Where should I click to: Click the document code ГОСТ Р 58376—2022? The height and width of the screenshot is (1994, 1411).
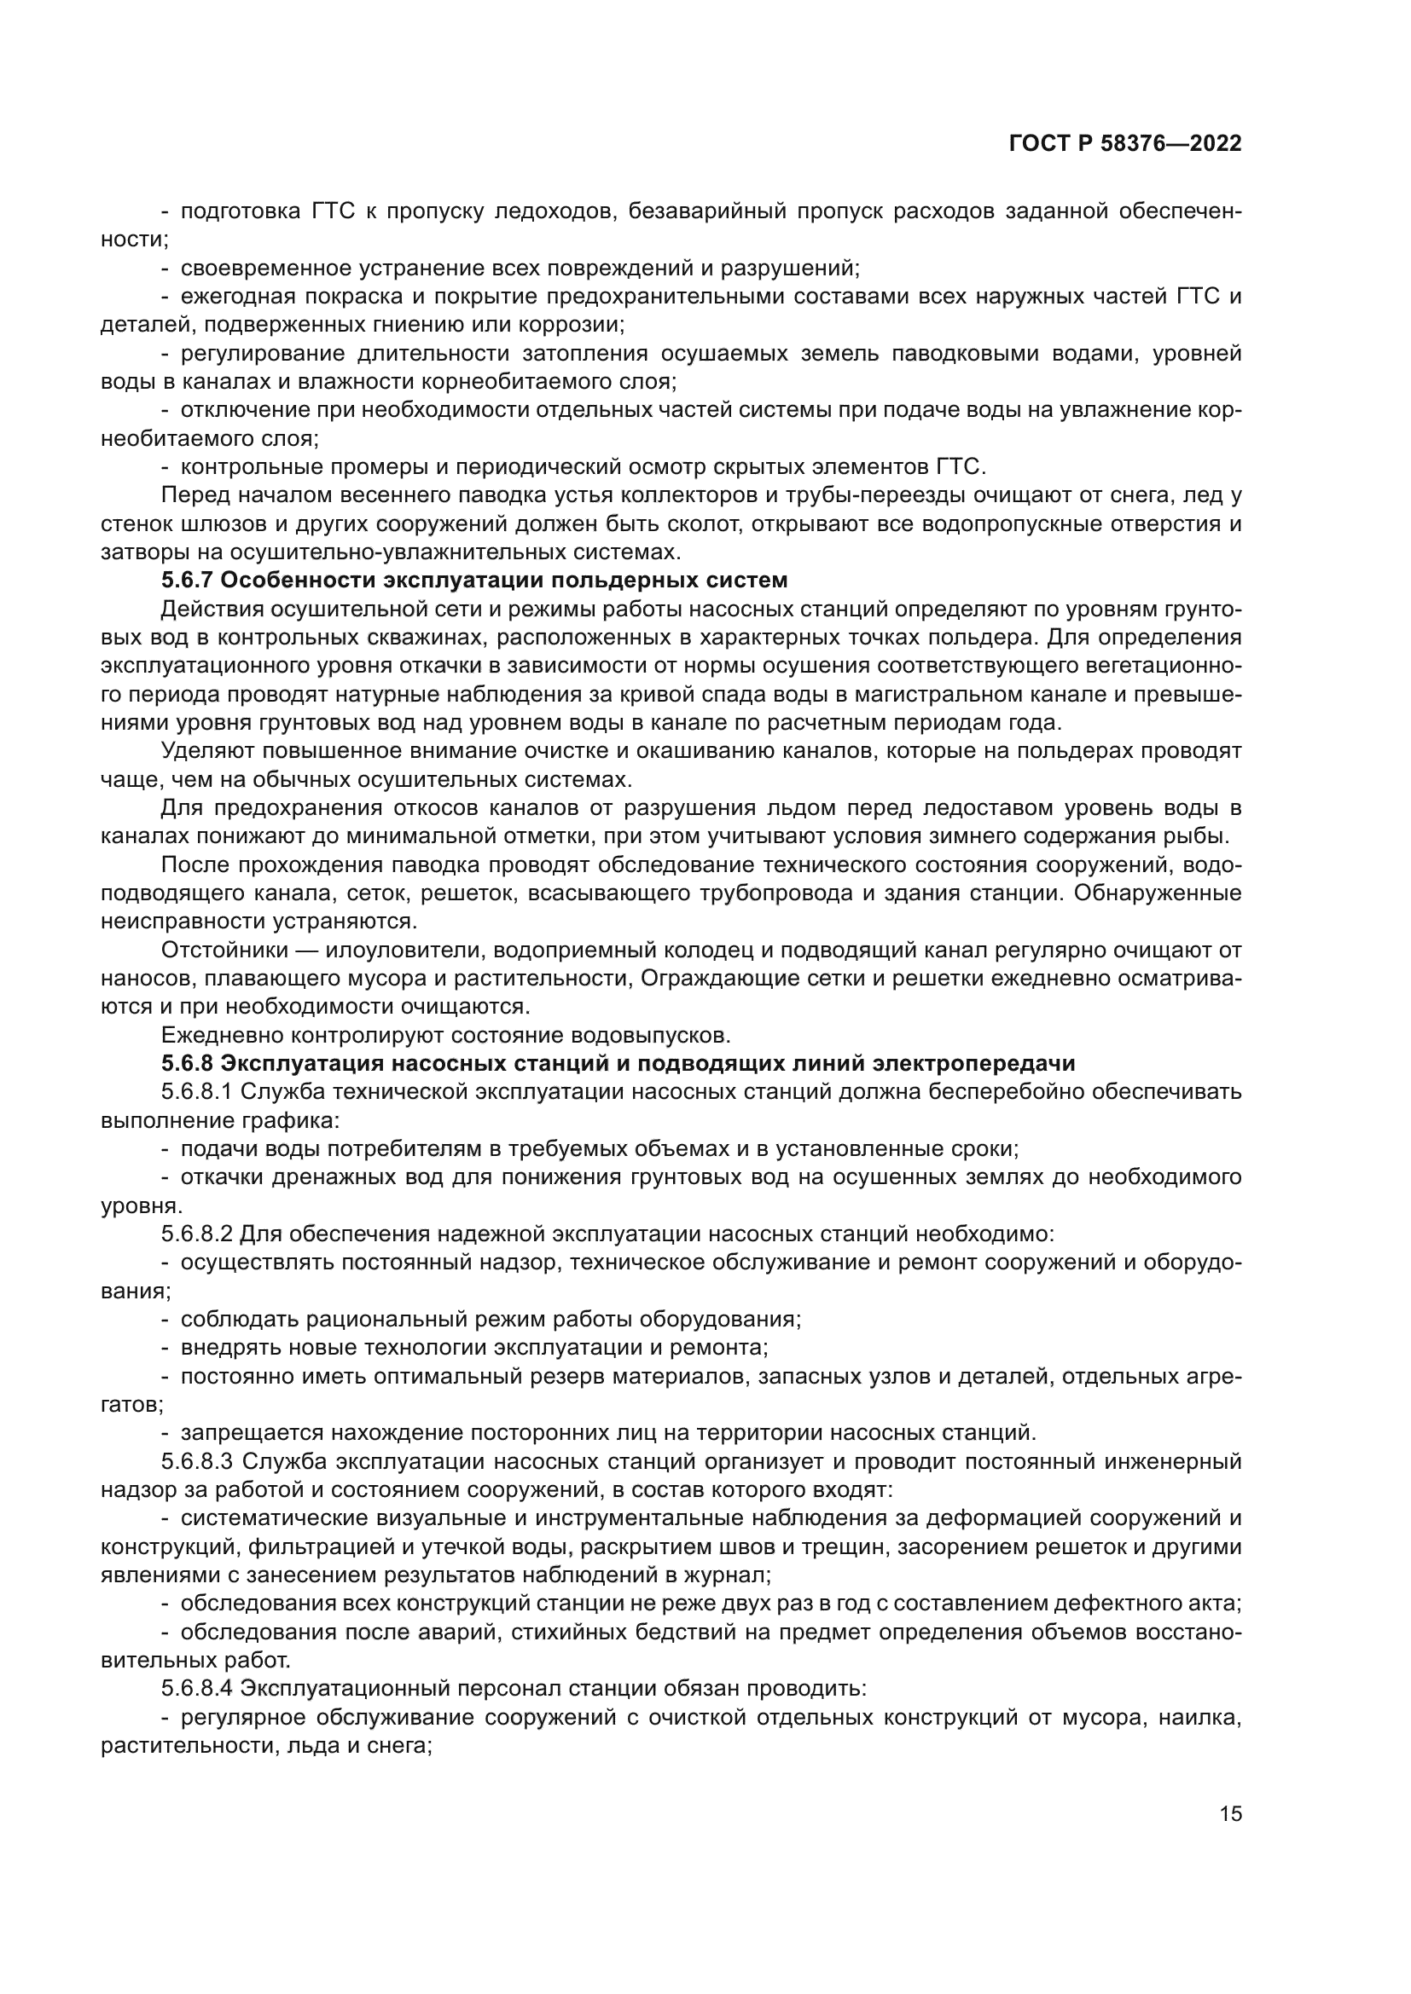[1125, 144]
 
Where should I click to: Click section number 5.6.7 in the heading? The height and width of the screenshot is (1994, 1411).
[188, 581]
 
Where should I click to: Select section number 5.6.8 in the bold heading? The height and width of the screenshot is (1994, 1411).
[188, 1064]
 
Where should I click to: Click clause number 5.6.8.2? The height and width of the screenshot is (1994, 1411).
[197, 1234]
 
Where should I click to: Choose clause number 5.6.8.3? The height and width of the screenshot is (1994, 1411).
[197, 1462]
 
